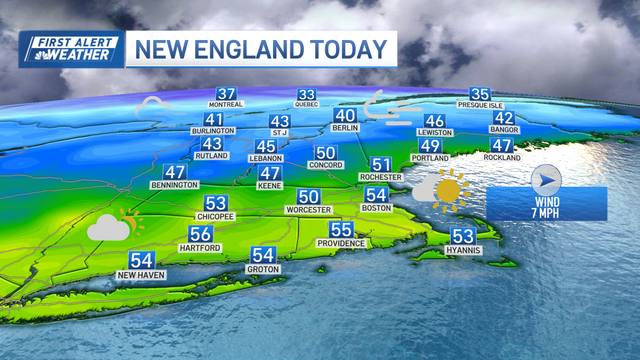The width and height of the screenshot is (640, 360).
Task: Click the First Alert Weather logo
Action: (x=71, y=49)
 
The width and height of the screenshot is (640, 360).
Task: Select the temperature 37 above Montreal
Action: (x=226, y=94)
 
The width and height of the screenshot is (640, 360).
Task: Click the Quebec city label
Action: (x=307, y=105)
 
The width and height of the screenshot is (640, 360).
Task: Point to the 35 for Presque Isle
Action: (x=480, y=94)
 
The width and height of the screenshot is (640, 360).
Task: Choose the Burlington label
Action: (x=213, y=131)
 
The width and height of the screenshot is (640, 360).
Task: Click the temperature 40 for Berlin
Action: (x=345, y=116)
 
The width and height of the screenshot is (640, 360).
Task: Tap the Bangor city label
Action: (x=504, y=130)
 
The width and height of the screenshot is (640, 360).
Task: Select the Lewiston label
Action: (x=435, y=132)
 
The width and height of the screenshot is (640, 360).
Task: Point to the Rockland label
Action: (x=502, y=157)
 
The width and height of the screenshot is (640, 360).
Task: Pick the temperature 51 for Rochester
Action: (x=381, y=164)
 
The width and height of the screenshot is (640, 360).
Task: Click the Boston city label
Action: (x=377, y=207)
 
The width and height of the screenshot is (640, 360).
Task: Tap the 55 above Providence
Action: (x=341, y=230)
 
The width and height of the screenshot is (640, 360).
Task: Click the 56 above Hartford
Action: (x=200, y=234)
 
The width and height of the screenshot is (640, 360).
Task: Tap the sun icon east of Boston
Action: (x=449, y=190)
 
